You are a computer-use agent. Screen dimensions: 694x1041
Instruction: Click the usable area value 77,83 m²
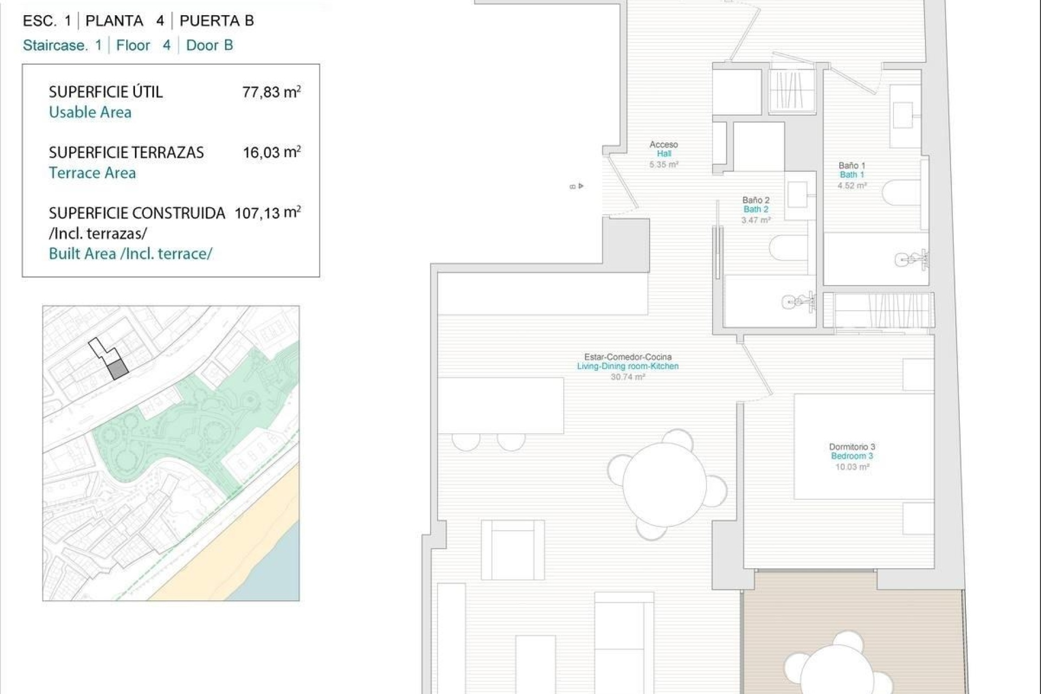click(x=271, y=92)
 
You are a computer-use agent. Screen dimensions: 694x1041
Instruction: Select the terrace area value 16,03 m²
click(x=271, y=152)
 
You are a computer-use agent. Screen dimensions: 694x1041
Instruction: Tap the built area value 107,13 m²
click(x=267, y=213)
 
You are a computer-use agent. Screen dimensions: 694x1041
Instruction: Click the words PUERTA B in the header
click(x=216, y=21)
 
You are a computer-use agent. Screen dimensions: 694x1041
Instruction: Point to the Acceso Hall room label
click(x=664, y=153)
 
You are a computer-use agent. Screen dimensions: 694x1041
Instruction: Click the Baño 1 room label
click(x=852, y=174)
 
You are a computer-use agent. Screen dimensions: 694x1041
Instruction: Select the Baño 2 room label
click(x=756, y=209)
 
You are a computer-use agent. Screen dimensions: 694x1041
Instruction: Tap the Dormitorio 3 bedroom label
click(x=852, y=455)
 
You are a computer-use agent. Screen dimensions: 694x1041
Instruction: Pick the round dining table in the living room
click(x=664, y=484)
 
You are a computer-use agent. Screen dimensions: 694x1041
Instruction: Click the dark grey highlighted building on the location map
click(x=118, y=370)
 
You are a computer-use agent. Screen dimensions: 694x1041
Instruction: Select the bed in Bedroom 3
click(x=863, y=446)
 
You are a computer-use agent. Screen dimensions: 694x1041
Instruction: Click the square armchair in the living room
click(x=512, y=550)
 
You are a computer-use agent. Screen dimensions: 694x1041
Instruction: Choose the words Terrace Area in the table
click(x=92, y=173)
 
